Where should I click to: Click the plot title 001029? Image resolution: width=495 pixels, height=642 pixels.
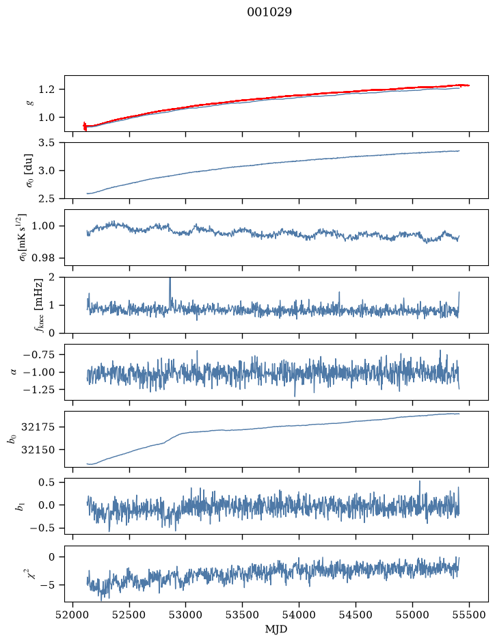(x=269, y=12)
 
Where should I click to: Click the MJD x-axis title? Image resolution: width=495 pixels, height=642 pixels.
(x=276, y=629)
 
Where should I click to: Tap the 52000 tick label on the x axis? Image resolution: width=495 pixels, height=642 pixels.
(x=73, y=615)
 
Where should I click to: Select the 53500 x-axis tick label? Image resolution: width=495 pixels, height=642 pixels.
(x=243, y=615)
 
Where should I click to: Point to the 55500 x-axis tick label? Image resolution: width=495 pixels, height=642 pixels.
(x=469, y=615)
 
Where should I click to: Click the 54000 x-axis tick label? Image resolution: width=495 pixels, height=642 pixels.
(x=299, y=615)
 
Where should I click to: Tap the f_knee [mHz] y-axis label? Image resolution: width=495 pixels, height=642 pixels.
(x=38, y=305)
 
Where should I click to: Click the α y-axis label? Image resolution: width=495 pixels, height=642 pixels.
(x=14, y=372)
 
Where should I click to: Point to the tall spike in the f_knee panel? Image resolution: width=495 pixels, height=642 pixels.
(x=170, y=286)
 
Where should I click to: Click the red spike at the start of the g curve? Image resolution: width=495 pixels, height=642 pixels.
(x=85, y=126)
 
